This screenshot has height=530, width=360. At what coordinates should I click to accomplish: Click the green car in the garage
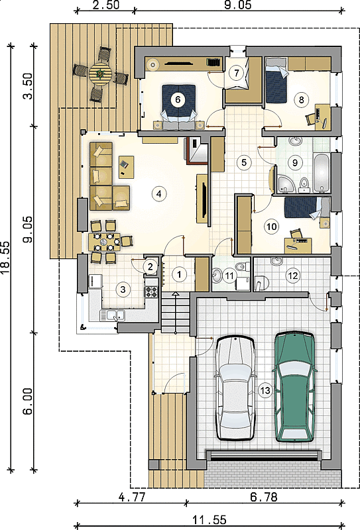(294, 386)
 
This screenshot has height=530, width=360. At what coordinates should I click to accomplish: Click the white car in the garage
(235, 388)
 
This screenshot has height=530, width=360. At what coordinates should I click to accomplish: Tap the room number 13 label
(265, 390)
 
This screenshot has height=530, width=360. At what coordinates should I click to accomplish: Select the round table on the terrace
(101, 74)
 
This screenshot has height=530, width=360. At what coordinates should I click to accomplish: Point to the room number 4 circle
(159, 193)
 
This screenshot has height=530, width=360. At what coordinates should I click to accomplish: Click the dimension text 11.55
(210, 519)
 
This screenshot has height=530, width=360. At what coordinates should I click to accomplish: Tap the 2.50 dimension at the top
(105, 5)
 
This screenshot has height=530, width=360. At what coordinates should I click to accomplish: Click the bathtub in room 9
(321, 173)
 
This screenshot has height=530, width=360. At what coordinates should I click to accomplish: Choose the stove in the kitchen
(152, 291)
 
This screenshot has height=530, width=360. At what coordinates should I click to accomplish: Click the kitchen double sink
(112, 315)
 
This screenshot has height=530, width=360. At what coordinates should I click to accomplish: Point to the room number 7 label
(236, 72)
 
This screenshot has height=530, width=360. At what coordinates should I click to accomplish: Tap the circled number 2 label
(150, 266)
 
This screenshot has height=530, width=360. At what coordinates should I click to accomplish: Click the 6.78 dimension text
(264, 497)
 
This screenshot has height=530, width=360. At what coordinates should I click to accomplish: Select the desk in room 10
(298, 245)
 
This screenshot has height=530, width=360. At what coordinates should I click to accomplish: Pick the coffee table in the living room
(126, 167)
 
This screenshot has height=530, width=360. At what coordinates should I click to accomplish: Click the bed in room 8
(276, 80)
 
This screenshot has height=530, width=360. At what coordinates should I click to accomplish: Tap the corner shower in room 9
(286, 184)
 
